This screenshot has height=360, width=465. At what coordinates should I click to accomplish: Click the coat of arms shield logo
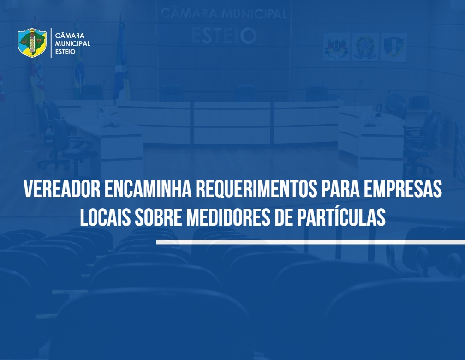click(32, 43)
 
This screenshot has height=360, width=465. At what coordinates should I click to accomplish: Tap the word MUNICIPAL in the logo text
click(73, 43)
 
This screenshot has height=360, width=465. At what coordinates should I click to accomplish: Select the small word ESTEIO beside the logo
click(65, 51)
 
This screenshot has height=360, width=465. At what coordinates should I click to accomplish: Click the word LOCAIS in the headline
click(105, 217)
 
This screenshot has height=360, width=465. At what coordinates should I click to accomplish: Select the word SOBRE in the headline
click(158, 217)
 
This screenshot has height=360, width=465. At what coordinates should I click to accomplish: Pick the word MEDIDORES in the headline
click(228, 217)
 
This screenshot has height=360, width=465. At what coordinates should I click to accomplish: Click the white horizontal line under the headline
click(310, 242)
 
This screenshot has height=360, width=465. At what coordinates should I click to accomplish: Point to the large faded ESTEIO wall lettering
click(224, 36)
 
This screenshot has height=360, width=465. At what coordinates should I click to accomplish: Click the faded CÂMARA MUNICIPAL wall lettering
click(224, 14)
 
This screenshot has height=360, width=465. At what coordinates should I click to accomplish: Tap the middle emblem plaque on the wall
click(365, 47)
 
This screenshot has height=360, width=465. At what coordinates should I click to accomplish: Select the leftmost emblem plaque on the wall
click(336, 47)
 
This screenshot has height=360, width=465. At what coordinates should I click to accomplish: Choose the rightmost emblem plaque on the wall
click(393, 48)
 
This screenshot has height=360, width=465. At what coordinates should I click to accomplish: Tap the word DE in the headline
click(284, 217)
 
